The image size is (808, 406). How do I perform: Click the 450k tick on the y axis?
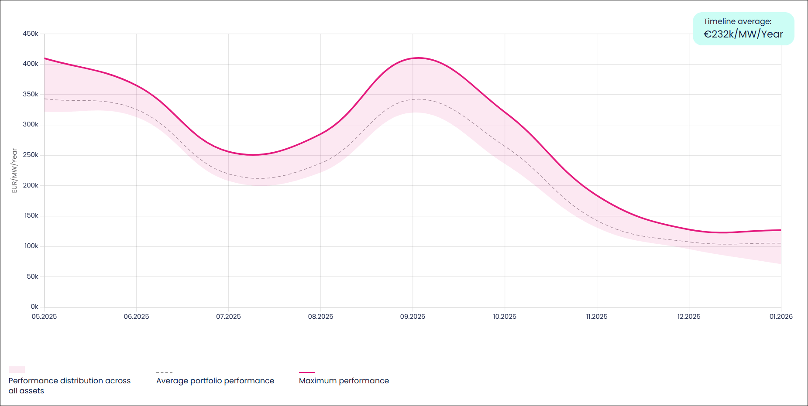pos(31,34)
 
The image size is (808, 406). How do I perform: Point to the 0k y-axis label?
pos(34,307)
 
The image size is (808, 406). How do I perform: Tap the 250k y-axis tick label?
pos(31,155)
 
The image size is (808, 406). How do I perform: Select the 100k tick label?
pos(31,246)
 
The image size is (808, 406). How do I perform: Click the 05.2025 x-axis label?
pos(44,317)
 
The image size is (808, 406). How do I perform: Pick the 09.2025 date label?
pos(413,317)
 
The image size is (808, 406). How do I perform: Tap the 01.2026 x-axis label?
pos(781,317)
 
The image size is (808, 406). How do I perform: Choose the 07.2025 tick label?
pos(228,317)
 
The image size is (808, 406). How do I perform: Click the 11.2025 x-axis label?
pos(596,317)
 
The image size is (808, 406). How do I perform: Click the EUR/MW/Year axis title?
pos(14,171)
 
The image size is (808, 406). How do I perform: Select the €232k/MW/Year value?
pos(743,34)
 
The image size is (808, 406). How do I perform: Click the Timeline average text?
pos(737,21)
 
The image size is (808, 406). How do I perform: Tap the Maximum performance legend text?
pos(344,381)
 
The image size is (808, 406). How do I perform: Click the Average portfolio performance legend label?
pos(215,381)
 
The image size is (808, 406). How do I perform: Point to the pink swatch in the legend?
pos(17,369)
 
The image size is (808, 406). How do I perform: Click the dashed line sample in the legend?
pos(164,372)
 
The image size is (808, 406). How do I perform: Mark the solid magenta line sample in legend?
pos(307,372)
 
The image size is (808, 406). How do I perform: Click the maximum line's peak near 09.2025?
pos(418,58)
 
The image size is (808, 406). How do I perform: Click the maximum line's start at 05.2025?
pos(45,58)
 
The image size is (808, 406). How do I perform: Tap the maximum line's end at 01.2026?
pos(780,230)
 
